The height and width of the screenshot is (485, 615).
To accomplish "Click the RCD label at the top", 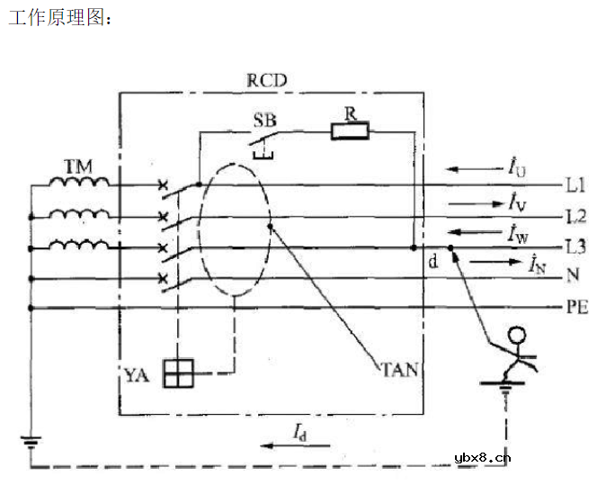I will (266, 79).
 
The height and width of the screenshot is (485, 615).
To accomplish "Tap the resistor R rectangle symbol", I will (350, 131).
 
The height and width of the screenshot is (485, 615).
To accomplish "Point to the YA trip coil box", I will (178, 373).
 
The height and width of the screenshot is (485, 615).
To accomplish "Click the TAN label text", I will (398, 369).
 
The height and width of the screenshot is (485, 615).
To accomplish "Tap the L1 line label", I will (576, 186).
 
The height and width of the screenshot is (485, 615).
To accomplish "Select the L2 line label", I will (576, 217).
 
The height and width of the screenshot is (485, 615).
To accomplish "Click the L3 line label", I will (576, 247).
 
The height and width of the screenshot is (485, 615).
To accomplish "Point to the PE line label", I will (576, 308).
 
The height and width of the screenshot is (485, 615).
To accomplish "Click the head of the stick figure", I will (516, 337).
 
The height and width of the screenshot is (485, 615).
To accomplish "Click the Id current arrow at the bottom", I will (285, 444).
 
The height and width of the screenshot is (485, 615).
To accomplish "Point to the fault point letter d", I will (433, 263).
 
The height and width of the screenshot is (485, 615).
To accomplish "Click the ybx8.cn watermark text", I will (484, 456).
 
